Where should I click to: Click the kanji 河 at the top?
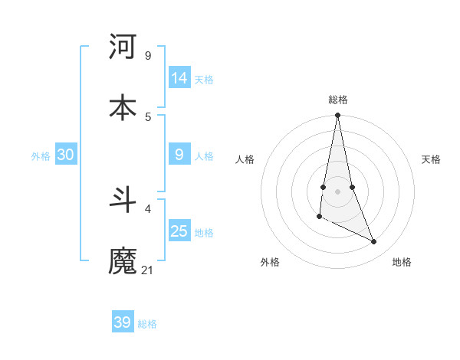coord(123,47)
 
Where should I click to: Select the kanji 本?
coord(123,107)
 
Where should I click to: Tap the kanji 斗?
coord(123,200)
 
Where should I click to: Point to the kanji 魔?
coord(123,260)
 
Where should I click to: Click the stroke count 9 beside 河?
coord(147,56)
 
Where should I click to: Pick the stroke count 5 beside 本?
coord(147,116)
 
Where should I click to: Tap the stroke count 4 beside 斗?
coord(147,208)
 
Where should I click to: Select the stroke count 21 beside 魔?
coord(148,270)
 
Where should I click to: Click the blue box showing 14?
coord(179,78)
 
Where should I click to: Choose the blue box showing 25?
coord(179,231)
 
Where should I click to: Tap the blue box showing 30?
coord(66,155)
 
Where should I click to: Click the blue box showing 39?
coord(123,322)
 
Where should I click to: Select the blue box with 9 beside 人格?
coord(179,155)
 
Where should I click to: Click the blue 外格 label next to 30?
coord(41,155)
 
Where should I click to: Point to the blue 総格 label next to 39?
coord(147,324)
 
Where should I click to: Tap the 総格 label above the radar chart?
coord(338,100)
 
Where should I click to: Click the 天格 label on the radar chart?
coord(432,159)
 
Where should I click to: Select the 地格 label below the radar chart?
coord(402,262)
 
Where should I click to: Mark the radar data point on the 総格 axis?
coord(337,116)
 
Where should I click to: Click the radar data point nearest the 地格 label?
coord(374,242)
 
